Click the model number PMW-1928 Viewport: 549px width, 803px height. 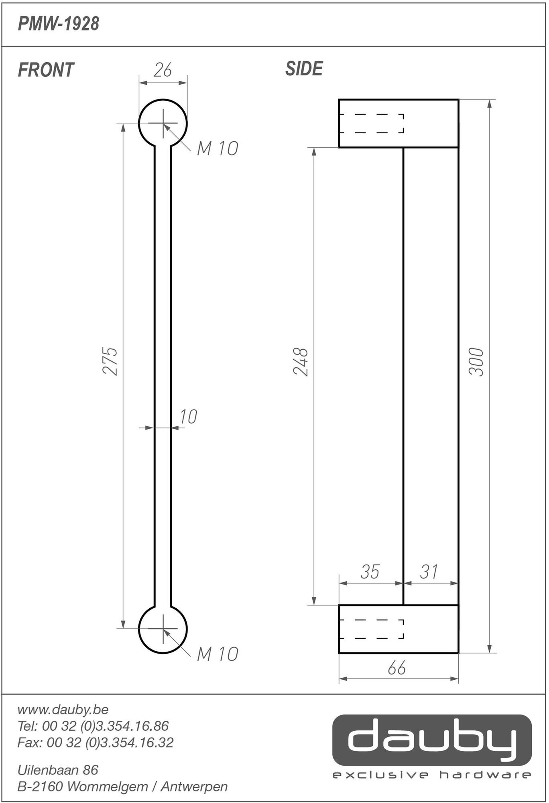point(59,24)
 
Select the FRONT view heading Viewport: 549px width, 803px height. point(46,70)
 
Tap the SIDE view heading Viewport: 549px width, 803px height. point(304,69)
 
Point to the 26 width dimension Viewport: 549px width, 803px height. point(163,71)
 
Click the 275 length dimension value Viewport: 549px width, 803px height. point(110,361)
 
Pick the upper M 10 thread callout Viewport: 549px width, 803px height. point(217,149)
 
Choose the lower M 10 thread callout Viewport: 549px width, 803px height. point(217,654)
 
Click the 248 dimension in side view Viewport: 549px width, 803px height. point(301,361)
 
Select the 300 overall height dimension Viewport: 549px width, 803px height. point(476,361)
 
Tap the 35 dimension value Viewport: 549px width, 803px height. point(370,572)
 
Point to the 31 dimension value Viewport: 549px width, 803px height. point(429,572)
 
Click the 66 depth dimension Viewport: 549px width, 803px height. point(396,668)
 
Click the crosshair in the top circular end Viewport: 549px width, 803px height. point(163,123)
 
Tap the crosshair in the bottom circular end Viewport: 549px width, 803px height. point(163,628)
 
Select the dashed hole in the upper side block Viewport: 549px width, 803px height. point(372,123)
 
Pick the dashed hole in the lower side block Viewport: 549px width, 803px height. point(372,629)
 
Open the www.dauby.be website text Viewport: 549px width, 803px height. point(63,709)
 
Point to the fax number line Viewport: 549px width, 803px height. point(95,742)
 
